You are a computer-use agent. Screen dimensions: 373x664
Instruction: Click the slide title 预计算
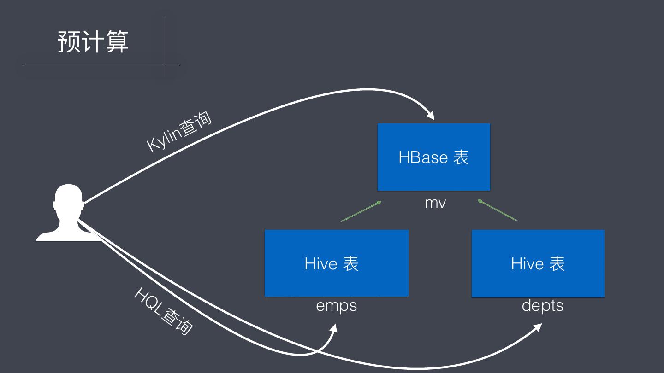point(93,42)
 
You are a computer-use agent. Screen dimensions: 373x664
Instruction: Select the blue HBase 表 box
point(433,157)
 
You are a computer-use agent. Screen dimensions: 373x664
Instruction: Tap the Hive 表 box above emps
point(336,263)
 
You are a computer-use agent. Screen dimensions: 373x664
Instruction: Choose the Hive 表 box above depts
point(538,263)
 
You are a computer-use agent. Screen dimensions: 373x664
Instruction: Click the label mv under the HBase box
point(435,203)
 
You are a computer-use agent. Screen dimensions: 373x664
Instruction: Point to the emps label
point(336,306)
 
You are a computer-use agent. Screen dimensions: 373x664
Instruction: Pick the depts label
point(542,306)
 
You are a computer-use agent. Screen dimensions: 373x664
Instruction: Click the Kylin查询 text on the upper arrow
point(179,131)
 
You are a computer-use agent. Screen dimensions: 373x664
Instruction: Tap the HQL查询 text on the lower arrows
point(163,311)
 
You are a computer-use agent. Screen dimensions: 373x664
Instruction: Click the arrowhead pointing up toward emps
point(333,329)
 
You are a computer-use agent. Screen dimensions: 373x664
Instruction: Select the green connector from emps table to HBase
point(361,211)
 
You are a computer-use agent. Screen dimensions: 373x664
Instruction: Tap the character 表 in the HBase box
point(461,157)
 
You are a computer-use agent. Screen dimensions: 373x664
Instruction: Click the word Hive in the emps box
point(321,264)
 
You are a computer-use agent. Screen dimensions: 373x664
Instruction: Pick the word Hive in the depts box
point(527,264)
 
